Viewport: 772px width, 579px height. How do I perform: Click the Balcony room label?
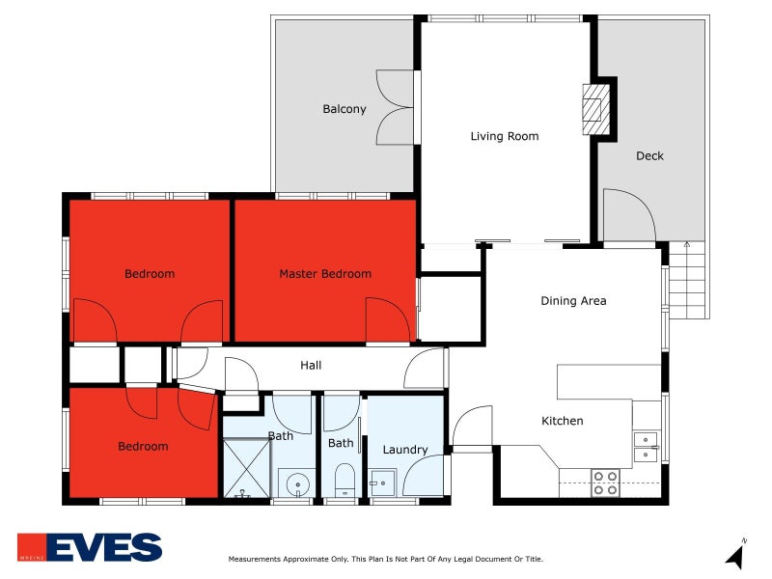pyautogui.click(x=344, y=109)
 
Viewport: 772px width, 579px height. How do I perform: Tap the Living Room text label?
pyautogui.click(x=504, y=136)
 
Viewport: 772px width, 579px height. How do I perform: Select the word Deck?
pyautogui.click(x=649, y=155)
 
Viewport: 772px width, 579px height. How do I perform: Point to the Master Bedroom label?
pyautogui.click(x=324, y=274)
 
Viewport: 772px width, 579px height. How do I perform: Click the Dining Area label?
pyautogui.click(x=573, y=301)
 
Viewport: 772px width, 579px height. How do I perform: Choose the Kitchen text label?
pyautogui.click(x=562, y=421)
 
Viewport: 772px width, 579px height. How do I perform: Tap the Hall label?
pyautogui.click(x=311, y=366)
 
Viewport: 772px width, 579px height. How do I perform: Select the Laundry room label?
pyautogui.click(x=405, y=450)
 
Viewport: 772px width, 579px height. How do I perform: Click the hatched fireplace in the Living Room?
pyautogui.click(x=595, y=109)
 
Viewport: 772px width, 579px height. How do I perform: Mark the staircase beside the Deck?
pyautogui.click(x=688, y=280)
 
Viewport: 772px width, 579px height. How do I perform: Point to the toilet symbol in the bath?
pyautogui.click(x=345, y=479)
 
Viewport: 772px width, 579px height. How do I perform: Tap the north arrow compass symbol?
pyautogui.click(x=735, y=556)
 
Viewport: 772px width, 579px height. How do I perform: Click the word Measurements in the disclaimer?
pyautogui.click(x=255, y=560)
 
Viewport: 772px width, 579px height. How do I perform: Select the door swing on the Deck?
pyautogui.click(x=627, y=214)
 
